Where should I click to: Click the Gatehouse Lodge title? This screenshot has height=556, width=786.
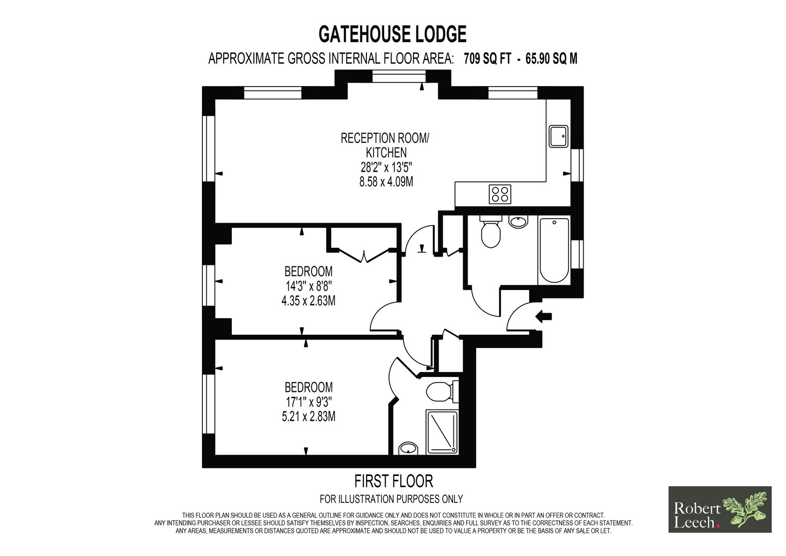pyautogui.click(x=393, y=34)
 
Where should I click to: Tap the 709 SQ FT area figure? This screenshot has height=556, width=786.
pyautogui.click(x=487, y=59)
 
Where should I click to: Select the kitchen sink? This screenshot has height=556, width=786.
pyautogui.click(x=558, y=136)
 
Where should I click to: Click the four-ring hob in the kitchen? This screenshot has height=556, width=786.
pyautogui.click(x=500, y=194)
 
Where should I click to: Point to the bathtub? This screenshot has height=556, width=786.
pyautogui.click(x=554, y=250)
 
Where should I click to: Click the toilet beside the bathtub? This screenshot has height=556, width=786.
pyautogui.click(x=491, y=231)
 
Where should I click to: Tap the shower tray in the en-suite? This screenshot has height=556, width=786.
pyautogui.click(x=442, y=432)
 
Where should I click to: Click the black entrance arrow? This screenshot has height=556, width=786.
pyautogui.click(x=543, y=317)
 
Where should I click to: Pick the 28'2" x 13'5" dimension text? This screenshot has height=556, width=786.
pyautogui.click(x=386, y=167)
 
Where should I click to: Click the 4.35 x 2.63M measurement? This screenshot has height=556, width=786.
pyautogui.click(x=309, y=301)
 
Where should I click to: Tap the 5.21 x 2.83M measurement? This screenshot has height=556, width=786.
pyautogui.click(x=309, y=416)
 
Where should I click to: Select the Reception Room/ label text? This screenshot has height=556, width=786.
pyautogui.click(x=385, y=138)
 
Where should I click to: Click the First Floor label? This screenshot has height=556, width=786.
pyautogui.click(x=393, y=481)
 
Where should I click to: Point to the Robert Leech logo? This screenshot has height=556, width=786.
pyautogui.click(x=720, y=510)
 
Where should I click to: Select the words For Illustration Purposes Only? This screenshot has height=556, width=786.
pyautogui.click(x=391, y=499)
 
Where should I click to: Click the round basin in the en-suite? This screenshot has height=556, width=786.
pyautogui.click(x=408, y=448)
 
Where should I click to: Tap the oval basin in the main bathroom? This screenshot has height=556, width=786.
pyautogui.click(x=518, y=222)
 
